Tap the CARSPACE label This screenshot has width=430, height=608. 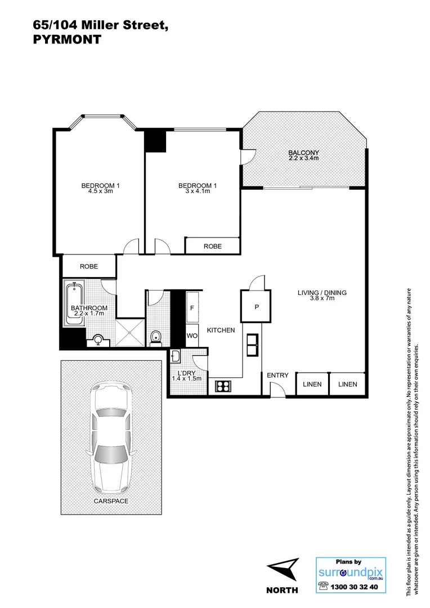[110, 500]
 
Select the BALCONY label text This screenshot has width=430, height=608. [303, 153]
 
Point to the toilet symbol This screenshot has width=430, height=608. [156, 337]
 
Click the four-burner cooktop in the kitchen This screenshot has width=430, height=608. [222, 386]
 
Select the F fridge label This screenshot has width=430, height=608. [192, 309]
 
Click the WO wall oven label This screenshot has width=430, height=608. [192, 336]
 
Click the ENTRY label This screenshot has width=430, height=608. [277, 375]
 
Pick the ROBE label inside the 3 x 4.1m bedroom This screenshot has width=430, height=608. [212, 246]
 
